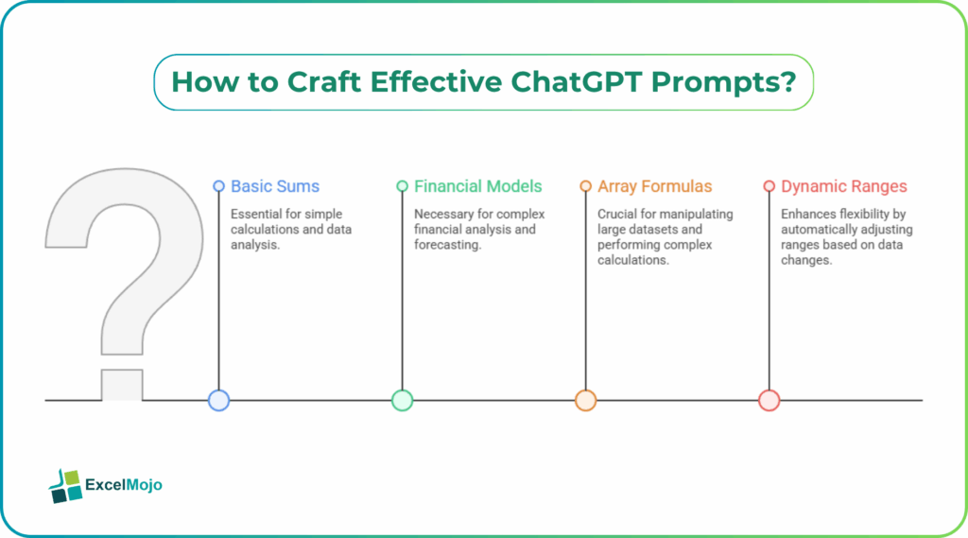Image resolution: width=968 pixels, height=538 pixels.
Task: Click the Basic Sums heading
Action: (x=275, y=186)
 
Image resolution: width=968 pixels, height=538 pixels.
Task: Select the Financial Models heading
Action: (x=477, y=186)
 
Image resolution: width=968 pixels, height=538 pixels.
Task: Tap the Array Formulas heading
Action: (x=654, y=186)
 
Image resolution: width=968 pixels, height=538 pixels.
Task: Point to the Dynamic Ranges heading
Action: (x=843, y=186)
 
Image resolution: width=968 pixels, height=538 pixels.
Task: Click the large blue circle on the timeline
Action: (x=218, y=400)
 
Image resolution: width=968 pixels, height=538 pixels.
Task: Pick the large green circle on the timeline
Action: (x=402, y=400)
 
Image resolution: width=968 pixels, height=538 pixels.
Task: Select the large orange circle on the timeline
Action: (x=585, y=400)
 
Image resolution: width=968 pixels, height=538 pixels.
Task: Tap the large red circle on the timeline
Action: (x=769, y=400)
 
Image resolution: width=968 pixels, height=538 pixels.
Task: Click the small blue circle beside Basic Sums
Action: (x=218, y=186)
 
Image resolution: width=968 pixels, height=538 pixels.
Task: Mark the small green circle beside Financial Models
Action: (x=402, y=186)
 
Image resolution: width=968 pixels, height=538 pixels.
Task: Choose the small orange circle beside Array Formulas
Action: (x=585, y=186)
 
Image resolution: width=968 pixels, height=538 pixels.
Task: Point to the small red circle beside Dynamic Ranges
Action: (x=769, y=186)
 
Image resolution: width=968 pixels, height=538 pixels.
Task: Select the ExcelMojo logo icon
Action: (x=65, y=485)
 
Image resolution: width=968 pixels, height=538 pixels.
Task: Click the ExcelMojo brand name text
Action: (x=124, y=486)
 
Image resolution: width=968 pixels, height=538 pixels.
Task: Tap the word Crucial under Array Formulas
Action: (x=618, y=215)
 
